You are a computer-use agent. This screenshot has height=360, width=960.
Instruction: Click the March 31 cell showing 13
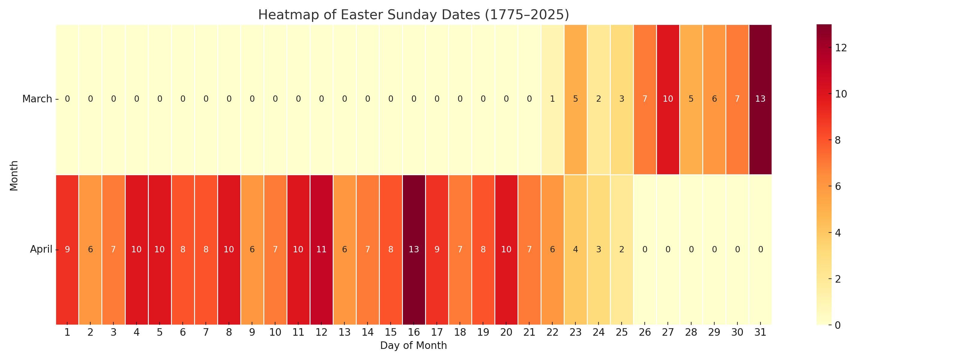(x=760, y=99)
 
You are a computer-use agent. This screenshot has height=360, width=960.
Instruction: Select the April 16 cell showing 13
(x=414, y=249)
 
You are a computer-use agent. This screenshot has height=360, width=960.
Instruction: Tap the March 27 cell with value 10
(x=668, y=99)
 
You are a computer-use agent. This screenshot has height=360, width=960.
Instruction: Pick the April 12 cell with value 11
(x=321, y=249)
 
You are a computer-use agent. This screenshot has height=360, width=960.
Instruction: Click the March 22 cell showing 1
(x=552, y=99)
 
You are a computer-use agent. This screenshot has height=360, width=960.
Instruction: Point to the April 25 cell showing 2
(x=622, y=249)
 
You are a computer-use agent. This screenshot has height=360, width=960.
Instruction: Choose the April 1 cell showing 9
(x=67, y=249)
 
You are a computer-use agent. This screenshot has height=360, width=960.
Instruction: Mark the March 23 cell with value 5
(x=575, y=99)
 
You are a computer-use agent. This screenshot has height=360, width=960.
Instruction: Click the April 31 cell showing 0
(x=760, y=249)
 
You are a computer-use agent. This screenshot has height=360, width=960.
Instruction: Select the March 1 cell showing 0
(x=67, y=99)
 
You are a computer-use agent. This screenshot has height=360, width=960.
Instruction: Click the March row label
(x=37, y=99)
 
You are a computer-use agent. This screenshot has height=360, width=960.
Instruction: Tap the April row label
(x=41, y=249)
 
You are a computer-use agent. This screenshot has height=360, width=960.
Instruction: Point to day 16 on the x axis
(x=414, y=332)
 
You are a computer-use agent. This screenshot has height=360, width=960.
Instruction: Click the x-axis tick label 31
(x=760, y=332)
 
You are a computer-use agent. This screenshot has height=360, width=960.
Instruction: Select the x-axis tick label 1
(x=67, y=332)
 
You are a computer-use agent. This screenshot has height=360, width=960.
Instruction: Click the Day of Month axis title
(x=413, y=346)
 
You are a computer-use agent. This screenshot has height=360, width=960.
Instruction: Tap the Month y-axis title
(x=14, y=175)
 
